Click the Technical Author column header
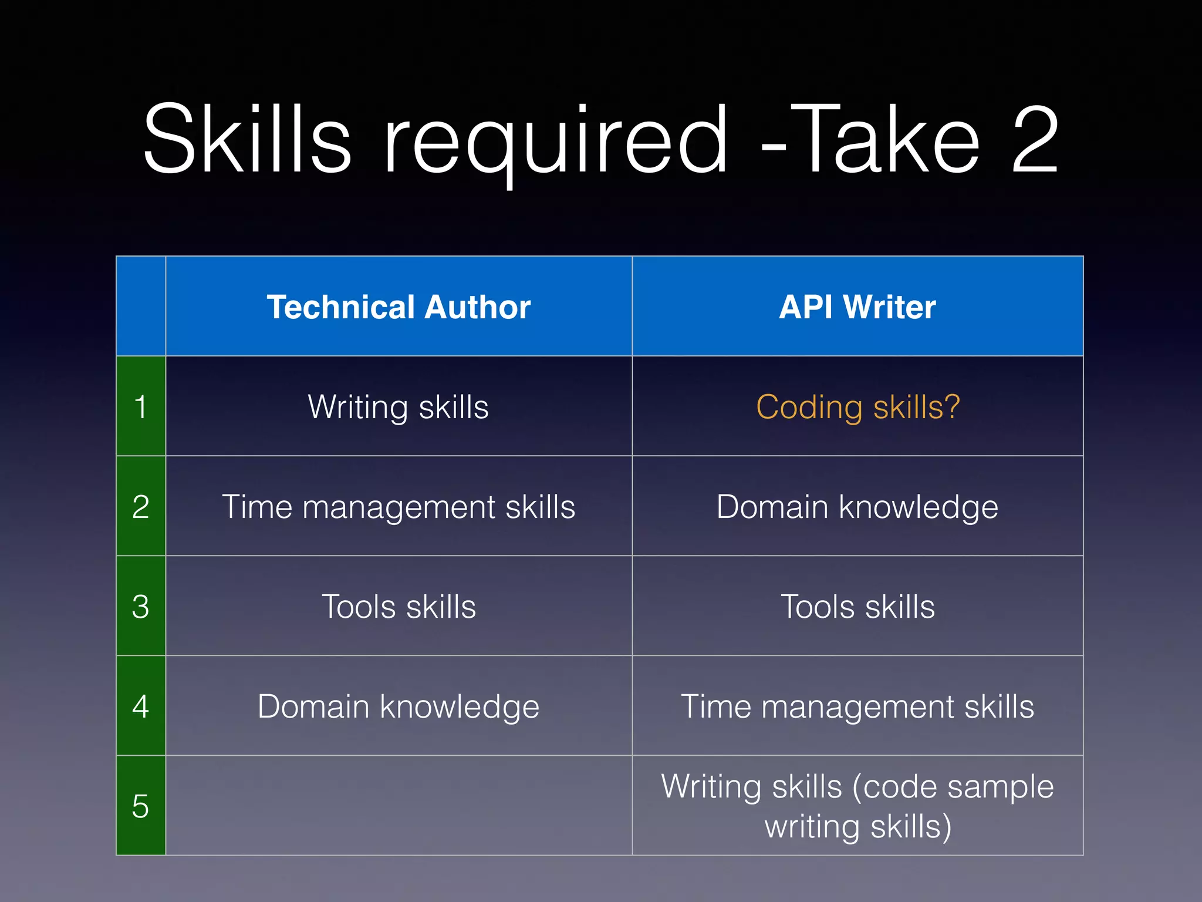[399, 307]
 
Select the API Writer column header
[857, 307]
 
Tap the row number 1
[140, 406]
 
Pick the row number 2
[140, 506]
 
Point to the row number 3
[140, 606]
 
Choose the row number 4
[140, 706]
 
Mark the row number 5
[140, 806]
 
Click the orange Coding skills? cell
[857, 406]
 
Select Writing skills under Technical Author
[399, 406]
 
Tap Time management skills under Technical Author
[399, 506]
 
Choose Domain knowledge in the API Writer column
[857, 506]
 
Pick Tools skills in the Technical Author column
[399, 606]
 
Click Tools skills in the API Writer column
[857, 606]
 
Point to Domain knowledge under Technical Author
[399, 706]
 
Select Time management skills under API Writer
[857, 706]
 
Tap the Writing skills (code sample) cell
[857, 806]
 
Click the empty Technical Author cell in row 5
[399, 806]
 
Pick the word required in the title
[555, 141]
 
